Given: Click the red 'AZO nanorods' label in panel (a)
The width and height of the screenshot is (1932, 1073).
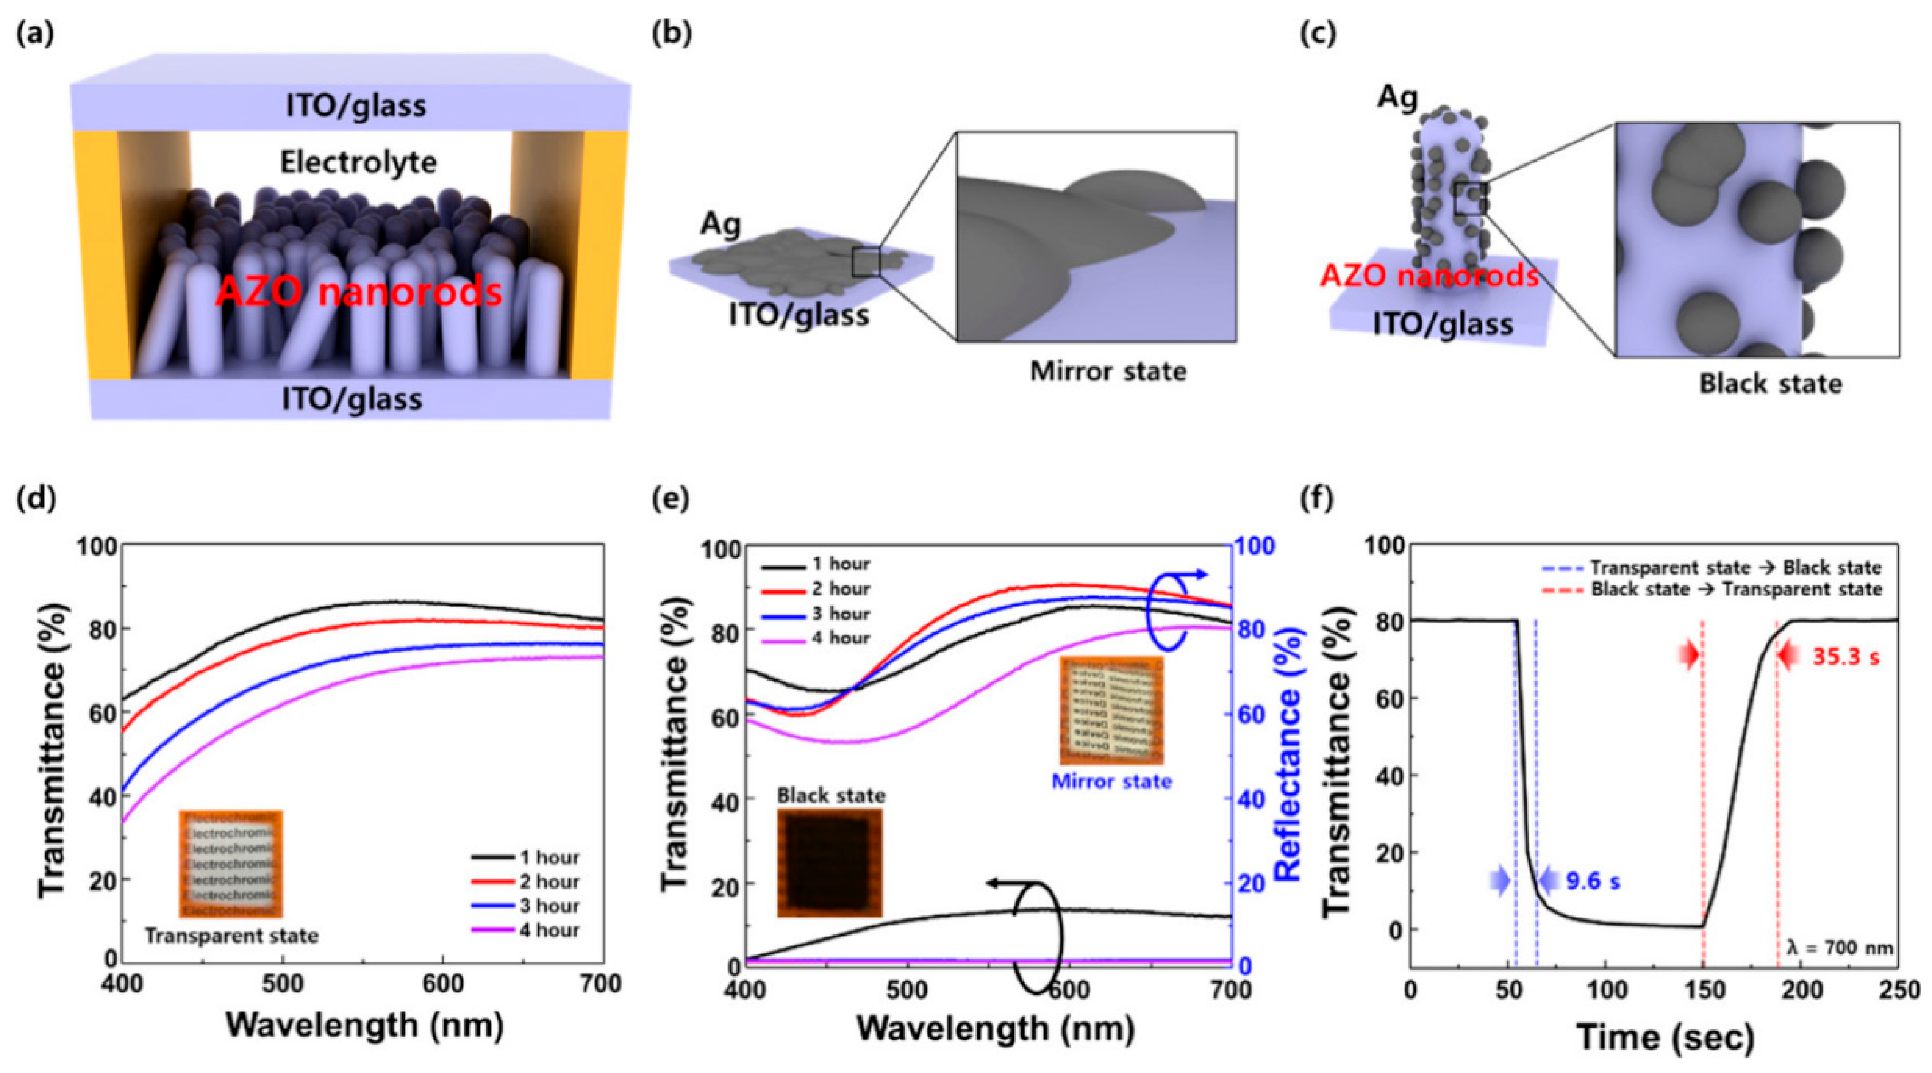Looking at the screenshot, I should tap(359, 291).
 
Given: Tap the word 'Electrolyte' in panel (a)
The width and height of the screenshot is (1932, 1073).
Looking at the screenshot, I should tap(359, 163).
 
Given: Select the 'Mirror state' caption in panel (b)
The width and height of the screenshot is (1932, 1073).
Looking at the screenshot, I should tap(1108, 371).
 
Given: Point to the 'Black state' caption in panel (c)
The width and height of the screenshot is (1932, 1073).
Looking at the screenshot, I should tap(1770, 384).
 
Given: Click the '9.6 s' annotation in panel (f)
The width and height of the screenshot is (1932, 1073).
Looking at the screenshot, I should tap(1593, 881).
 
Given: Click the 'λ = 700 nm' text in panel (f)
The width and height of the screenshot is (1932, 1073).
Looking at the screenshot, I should tap(1840, 948).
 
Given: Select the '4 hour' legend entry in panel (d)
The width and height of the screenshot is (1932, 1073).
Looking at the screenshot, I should tap(549, 930).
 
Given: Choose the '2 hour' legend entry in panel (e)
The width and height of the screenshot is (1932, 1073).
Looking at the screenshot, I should tap(840, 588).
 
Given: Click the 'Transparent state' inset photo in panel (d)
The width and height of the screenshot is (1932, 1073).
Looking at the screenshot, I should tap(231, 864).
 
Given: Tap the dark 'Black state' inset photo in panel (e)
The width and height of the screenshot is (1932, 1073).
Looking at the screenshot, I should tap(829, 862).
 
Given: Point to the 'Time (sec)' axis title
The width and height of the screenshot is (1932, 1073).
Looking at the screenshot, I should tap(1665, 1036).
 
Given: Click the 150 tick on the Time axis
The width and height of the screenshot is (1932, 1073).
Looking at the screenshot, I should tap(1704, 990).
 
